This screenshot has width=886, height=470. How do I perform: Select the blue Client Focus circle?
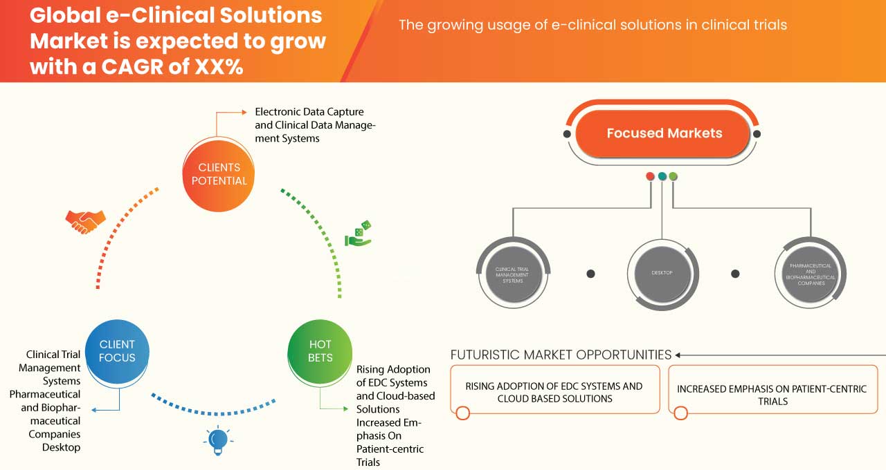click(117, 351)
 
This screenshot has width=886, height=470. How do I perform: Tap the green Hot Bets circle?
click(320, 351)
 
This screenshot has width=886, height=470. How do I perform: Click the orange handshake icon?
click(85, 220)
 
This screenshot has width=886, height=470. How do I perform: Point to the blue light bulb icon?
click(218, 440)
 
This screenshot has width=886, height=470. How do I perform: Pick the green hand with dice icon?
click(358, 234)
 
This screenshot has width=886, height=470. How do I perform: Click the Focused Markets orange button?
click(664, 133)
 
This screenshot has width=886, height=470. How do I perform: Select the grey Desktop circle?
click(662, 273)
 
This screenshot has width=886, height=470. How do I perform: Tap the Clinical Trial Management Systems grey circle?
click(514, 273)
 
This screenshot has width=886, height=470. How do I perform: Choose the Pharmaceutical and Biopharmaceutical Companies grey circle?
click(809, 273)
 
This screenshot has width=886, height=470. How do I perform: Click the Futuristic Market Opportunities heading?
click(561, 355)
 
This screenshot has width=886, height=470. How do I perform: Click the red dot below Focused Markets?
click(650, 176)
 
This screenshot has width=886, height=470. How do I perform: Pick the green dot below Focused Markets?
click(673, 176)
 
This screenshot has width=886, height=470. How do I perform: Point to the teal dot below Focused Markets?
click(662, 176)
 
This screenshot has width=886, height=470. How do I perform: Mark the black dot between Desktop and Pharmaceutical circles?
click(736, 274)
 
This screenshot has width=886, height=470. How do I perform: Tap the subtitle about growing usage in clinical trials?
click(593, 26)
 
